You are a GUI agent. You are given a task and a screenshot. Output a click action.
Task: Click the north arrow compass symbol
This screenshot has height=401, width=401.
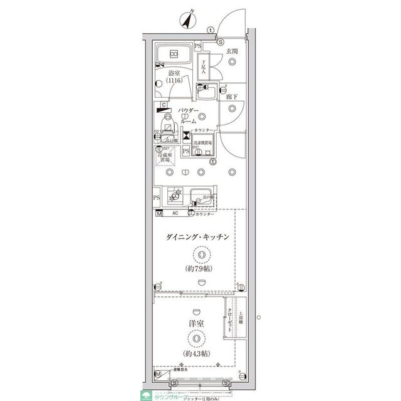pos(187,20)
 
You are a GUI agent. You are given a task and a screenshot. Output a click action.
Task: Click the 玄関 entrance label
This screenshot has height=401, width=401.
pos(231,50)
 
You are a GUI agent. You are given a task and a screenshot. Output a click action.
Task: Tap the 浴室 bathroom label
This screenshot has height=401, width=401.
pos(174,73)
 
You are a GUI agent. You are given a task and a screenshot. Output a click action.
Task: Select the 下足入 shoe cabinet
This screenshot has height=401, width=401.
pos(203,67)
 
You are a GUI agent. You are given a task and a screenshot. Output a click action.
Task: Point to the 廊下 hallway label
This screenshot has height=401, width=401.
pos(231,96)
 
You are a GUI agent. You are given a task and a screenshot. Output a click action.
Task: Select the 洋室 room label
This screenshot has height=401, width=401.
pos(197,323)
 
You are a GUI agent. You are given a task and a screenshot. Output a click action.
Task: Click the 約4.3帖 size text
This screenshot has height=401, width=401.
pos(197,354)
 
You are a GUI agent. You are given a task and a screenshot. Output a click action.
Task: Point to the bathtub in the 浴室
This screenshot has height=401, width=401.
pos(175,53)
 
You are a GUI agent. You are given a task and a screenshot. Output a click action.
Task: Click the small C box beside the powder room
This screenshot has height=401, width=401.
pos(163,104)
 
